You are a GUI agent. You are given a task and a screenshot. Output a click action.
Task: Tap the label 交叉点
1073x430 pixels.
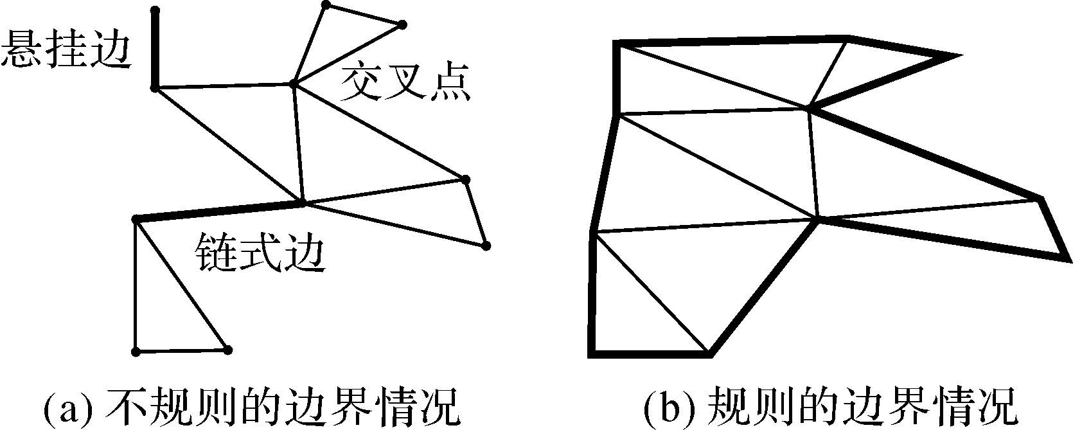(405, 82)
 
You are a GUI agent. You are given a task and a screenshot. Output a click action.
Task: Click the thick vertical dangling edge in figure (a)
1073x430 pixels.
(154, 48)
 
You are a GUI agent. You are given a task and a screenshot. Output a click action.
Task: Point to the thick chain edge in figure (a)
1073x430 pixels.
(218, 211)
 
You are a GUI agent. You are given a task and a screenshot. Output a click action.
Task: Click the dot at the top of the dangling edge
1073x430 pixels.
(154, 10)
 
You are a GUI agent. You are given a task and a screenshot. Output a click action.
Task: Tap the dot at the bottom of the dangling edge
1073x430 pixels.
(154, 87)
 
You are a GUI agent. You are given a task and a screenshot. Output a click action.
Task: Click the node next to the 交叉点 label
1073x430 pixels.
(294, 84)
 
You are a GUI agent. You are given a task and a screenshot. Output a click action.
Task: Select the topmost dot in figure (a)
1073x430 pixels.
(326, 5)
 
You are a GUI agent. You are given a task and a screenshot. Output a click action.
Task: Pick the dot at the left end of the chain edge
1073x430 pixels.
(136, 220)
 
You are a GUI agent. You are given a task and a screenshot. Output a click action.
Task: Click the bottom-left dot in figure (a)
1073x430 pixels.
(135, 352)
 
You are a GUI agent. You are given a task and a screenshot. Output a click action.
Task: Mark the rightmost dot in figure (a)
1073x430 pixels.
(486, 246)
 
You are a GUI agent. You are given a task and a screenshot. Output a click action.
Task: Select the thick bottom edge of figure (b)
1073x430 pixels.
(649, 353)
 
